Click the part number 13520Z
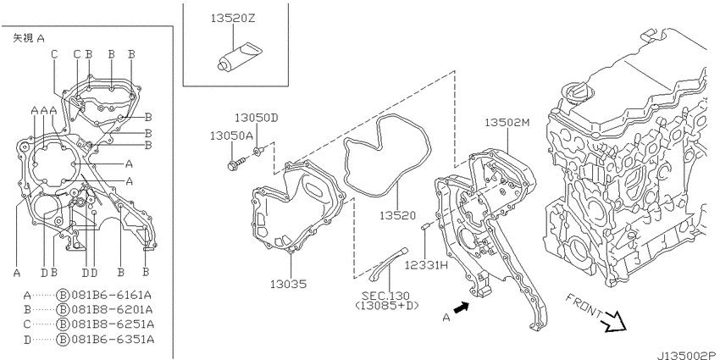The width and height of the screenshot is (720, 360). click(x=233, y=19)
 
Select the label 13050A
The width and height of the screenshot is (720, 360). click(x=232, y=136)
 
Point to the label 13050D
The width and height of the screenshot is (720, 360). click(x=257, y=118)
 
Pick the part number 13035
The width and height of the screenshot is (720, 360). click(x=288, y=285)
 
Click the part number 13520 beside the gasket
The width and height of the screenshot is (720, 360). click(x=397, y=215)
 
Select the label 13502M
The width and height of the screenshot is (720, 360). click(x=507, y=122)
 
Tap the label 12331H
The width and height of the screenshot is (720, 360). click(x=426, y=265)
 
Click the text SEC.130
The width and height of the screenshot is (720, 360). click(x=385, y=296)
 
